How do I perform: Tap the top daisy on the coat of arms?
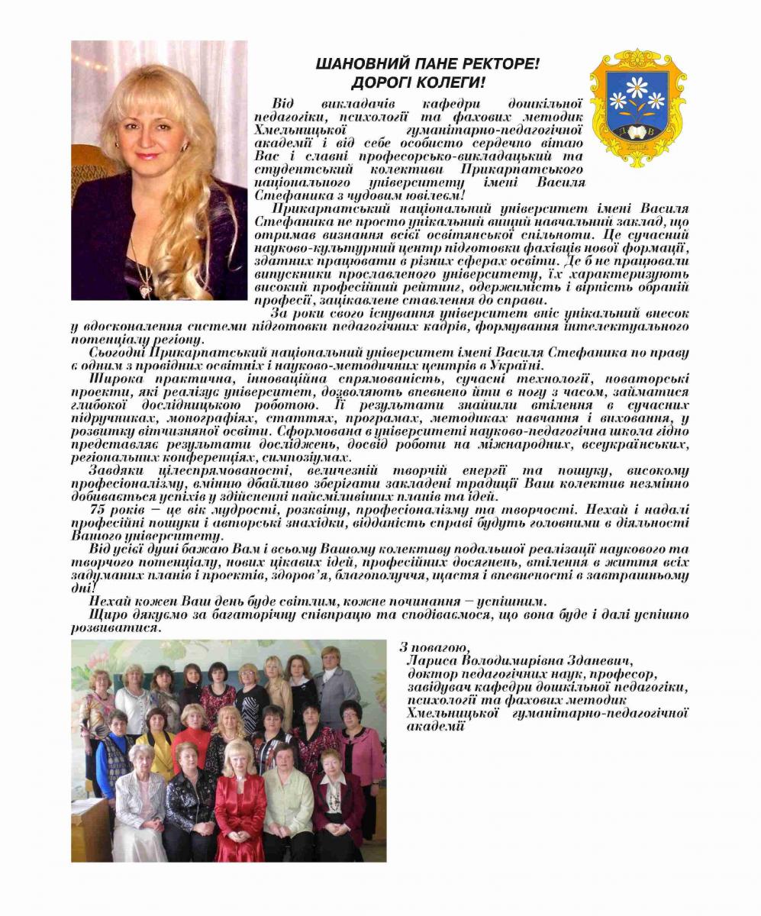(637, 83)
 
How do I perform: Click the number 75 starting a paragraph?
(102, 508)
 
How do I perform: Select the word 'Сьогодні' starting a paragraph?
(118, 353)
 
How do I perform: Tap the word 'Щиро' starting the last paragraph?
(106, 614)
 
